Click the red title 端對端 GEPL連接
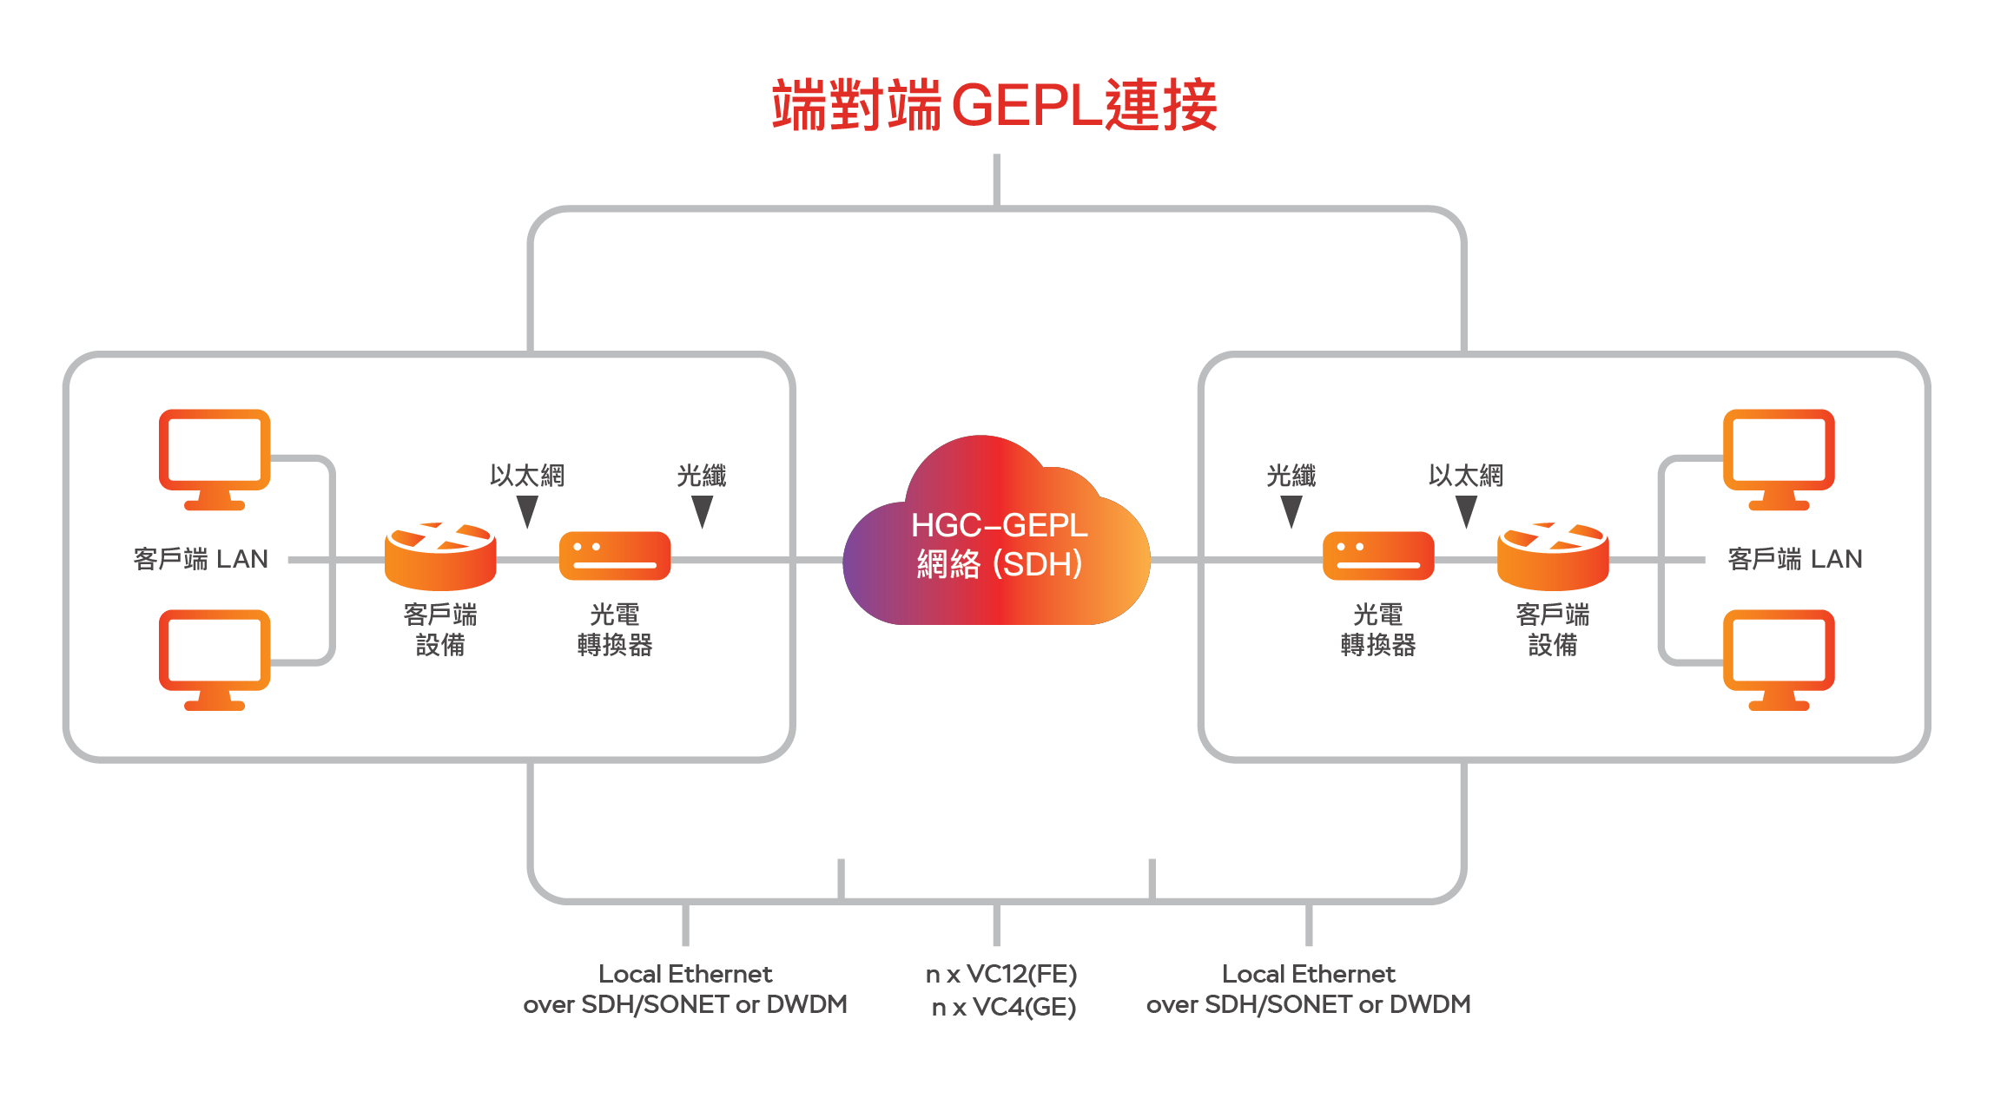(x=994, y=105)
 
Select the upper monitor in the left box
(x=215, y=458)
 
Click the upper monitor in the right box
(x=1779, y=458)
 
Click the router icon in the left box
(x=440, y=556)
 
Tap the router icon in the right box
(x=1553, y=556)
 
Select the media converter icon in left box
(x=615, y=556)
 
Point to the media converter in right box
(x=1378, y=556)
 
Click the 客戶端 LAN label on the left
(x=201, y=559)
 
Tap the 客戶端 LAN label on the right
(x=1795, y=559)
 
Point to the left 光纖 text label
(x=702, y=476)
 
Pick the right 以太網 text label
(x=1466, y=476)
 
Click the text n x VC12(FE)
(x=1001, y=974)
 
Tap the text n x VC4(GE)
(x=1004, y=1007)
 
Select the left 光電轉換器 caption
(x=615, y=629)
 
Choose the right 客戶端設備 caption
(x=1553, y=629)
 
